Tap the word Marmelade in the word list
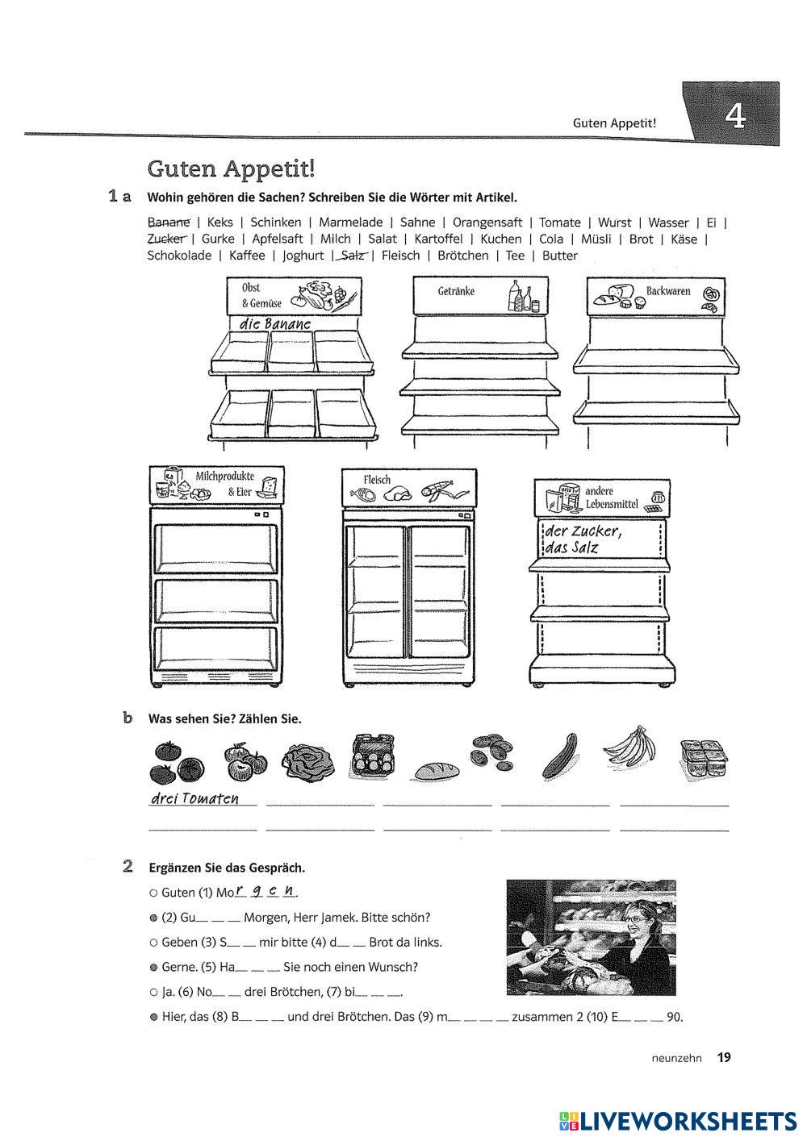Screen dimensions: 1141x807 click(350, 223)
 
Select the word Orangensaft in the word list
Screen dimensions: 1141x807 click(487, 223)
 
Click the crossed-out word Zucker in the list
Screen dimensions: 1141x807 click(167, 239)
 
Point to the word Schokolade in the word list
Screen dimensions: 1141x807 click(179, 256)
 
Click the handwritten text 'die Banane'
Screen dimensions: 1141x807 click(274, 323)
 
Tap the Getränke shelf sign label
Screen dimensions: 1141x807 click(456, 291)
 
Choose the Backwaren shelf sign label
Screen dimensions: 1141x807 click(668, 291)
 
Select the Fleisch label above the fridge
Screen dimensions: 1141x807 click(377, 480)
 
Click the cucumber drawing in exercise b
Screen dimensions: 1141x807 click(559, 755)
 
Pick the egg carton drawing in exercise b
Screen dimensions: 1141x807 click(374, 755)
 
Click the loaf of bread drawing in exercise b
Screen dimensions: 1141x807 click(437, 771)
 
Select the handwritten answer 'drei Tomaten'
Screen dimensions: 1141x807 click(194, 798)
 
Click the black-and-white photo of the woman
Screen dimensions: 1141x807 click(591, 937)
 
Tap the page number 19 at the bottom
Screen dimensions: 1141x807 click(724, 1057)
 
